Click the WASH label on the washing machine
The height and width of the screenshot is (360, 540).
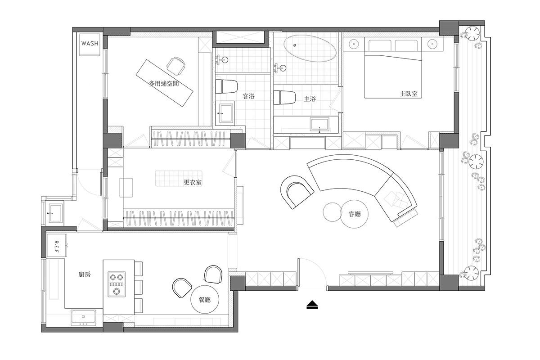[90, 43]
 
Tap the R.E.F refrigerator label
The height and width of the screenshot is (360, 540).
[57, 247]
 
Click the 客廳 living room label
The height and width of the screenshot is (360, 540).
[355, 214]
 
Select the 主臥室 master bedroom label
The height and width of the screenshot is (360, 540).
[409, 94]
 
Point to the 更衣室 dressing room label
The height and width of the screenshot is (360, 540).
[193, 182]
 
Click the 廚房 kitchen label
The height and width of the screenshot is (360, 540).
[85, 274]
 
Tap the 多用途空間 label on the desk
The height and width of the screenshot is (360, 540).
[164, 84]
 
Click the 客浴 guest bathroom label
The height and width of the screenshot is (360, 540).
[248, 96]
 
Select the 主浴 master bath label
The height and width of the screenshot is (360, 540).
[310, 99]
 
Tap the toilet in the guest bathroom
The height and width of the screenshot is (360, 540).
[226, 86]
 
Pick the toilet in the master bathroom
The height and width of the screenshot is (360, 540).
[285, 97]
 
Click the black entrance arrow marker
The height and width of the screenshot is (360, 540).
[312, 305]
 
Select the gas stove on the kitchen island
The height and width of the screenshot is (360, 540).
[117, 284]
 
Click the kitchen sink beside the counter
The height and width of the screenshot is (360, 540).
[83, 317]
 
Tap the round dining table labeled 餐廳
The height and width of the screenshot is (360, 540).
[205, 300]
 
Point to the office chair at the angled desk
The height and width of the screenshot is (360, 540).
[176, 66]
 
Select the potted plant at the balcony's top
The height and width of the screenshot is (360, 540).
[472, 34]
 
